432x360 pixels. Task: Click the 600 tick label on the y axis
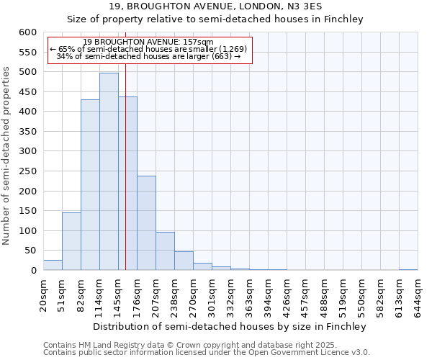coord(27,32)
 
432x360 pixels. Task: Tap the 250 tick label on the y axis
coord(27,192)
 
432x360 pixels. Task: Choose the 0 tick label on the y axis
coord(33,271)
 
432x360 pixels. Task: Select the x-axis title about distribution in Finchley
coord(230,326)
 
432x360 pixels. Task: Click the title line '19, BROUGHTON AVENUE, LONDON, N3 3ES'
coord(215,6)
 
